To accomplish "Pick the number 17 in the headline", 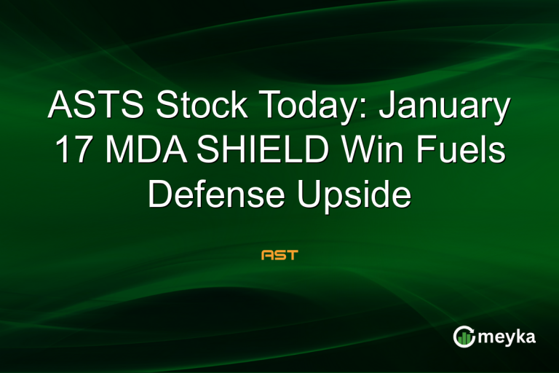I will click(x=72, y=152).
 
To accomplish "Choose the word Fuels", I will click(x=459, y=152).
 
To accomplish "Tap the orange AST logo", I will click(x=279, y=256).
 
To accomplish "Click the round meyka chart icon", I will click(x=463, y=336).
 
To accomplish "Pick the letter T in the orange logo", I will click(x=293, y=256).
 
